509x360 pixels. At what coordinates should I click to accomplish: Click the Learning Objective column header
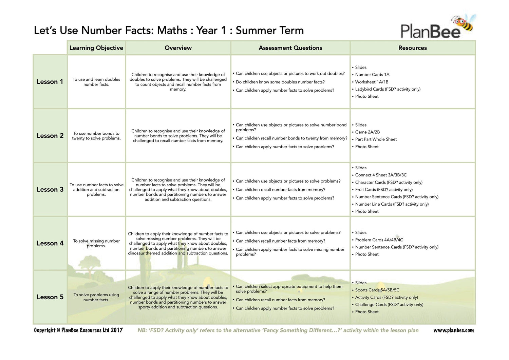[96, 48]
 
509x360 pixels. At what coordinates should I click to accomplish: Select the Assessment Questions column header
[290, 48]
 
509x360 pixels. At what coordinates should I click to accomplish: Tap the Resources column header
[412, 48]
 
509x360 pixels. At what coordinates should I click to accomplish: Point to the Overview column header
[178, 48]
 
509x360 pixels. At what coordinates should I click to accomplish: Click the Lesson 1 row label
[50, 82]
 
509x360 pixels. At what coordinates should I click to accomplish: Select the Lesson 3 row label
[50, 189]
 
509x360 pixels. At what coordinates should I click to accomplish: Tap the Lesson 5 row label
[50, 297]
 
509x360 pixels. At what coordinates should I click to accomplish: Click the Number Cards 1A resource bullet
[372, 75]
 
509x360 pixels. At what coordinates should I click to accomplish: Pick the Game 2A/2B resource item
[367, 132]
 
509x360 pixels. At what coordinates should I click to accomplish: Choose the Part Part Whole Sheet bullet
[376, 139]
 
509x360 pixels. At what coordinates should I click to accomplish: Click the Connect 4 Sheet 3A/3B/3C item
[381, 175]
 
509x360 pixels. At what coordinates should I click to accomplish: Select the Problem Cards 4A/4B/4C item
[379, 240]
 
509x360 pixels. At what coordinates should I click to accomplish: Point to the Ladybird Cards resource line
[388, 89]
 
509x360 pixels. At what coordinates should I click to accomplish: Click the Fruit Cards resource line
[384, 190]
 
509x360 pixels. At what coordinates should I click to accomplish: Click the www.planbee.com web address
[453, 330]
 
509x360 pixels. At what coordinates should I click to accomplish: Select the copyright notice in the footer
[78, 330]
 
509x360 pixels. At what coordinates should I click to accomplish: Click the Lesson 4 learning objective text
[96, 243]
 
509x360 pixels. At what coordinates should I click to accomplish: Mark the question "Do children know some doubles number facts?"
[280, 82]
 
